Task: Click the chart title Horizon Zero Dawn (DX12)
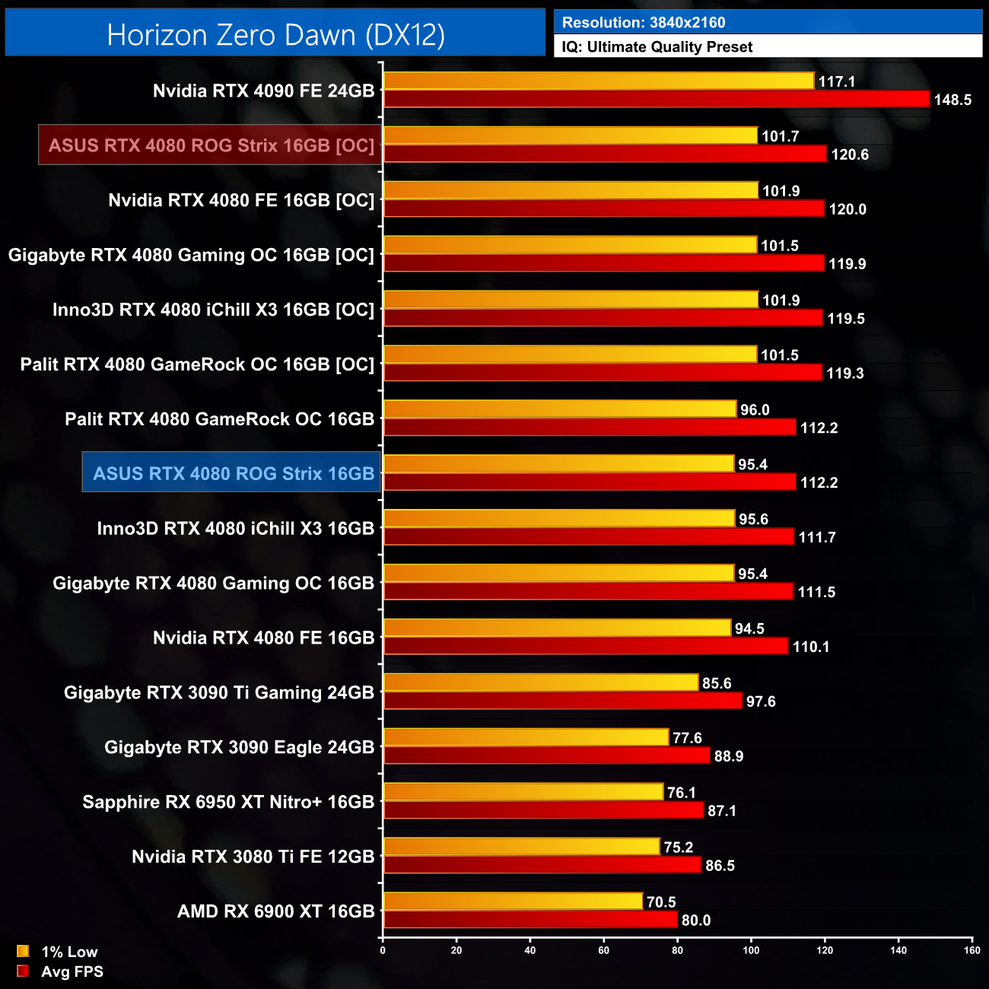click(275, 35)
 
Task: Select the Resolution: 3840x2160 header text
click(644, 22)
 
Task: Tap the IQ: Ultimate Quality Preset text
click(657, 46)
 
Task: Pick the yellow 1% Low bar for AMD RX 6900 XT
click(514, 902)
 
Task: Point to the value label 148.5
click(952, 100)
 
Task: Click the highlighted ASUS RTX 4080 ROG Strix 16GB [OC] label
click(211, 145)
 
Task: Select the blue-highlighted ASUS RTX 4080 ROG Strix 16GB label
click(233, 473)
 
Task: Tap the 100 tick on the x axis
click(751, 949)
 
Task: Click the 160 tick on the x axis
click(972, 949)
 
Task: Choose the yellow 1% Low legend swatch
click(23, 951)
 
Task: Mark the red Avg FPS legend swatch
click(23, 971)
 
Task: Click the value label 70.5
click(661, 902)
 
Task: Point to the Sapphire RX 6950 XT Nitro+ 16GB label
click(228, 802)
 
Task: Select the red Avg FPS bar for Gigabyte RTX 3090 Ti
click(563, 701)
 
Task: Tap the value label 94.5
click(749, 628)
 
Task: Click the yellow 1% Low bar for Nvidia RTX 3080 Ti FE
click(522, 847)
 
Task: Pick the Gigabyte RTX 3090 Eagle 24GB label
click(239, 747)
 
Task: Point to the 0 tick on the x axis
click(383, 949)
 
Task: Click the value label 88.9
click(729, 756)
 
